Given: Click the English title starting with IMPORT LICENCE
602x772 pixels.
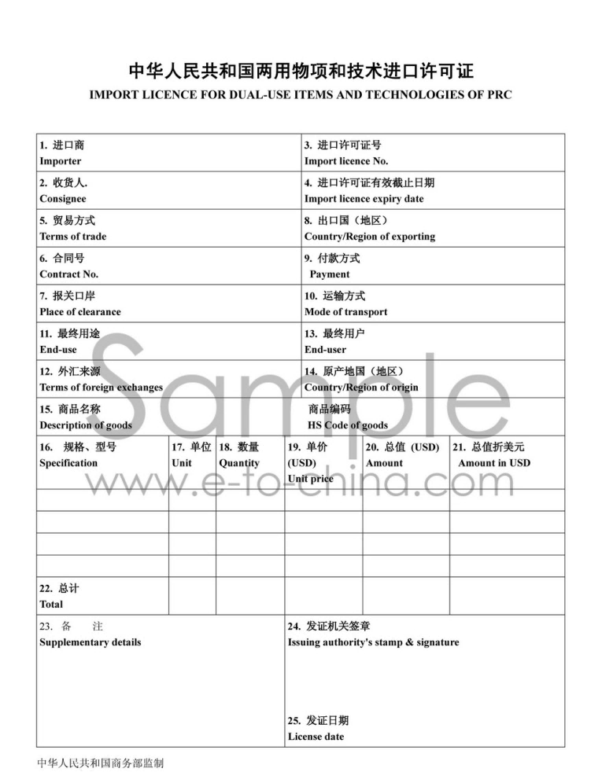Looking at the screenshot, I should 301,95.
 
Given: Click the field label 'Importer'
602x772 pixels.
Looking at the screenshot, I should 61,161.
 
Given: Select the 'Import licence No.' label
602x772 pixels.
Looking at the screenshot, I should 346,161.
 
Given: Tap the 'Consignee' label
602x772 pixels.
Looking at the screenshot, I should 63,199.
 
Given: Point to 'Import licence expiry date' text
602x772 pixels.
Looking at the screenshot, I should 364,199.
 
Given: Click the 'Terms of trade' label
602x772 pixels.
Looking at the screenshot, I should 73,237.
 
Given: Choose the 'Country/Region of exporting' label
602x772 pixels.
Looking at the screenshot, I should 370,237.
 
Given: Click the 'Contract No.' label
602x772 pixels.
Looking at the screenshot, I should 69,274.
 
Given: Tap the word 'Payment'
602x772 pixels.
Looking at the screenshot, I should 330,274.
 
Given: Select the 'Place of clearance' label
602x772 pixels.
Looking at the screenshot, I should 80,312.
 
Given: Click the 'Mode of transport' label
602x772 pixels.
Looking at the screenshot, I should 346,312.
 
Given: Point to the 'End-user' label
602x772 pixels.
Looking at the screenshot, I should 325,350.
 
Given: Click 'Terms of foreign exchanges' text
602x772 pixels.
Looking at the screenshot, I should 102,388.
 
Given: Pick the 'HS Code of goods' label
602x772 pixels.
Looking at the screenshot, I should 348,425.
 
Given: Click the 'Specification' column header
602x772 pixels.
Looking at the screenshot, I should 68,463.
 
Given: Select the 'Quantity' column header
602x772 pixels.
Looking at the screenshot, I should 239,463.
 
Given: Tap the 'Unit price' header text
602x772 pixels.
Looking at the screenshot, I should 311,479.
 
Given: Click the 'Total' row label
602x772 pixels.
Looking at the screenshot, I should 51,605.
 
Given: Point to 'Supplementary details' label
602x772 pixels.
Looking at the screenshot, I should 90,642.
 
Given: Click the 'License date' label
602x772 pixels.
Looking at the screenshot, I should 316,737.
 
